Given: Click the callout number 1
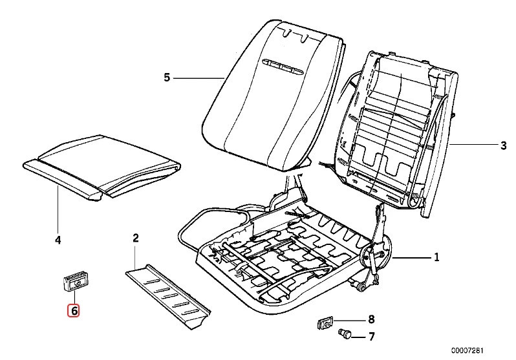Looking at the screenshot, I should (x=436, y=258).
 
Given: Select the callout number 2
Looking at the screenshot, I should (x=136, y=239).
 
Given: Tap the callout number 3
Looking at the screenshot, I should (x=503, y=146).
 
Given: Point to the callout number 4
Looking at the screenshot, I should (x=58, y=240).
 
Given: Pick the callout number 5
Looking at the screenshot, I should (x=166, y=78).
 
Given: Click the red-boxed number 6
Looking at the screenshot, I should (x=74, y=311).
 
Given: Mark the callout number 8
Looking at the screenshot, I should (x=371, y=319).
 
